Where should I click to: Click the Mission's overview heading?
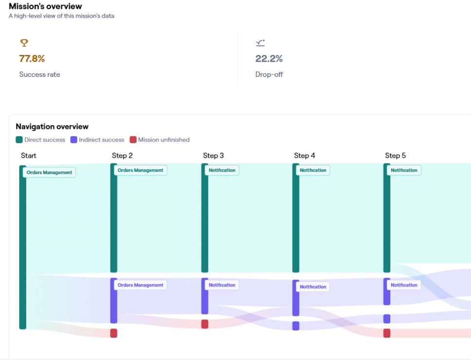tap(45, 6)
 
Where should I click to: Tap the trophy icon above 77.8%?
tap(24, 43)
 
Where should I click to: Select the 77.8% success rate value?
tap(32, 59)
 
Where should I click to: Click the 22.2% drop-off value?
tap(269, 59)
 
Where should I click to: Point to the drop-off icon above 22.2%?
tap(260, 43)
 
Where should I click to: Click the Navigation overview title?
tap(52, 126)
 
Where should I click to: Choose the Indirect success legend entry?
tap(97, 140)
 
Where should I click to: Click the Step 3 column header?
tap(214, 156)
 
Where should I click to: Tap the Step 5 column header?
tap(396, 156)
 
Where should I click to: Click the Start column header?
tap(29, 156)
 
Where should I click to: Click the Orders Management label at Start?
tap(49, 172)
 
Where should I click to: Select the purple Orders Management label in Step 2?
tap(140, 285)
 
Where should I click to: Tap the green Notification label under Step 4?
tap(313, 170)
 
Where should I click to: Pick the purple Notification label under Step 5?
tap(404, 285)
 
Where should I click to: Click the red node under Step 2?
tap(114, 333)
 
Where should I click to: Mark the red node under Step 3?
tap(205, 324)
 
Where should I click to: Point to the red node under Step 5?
tap(387, 333)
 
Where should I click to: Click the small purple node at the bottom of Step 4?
tap(296, 326)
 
